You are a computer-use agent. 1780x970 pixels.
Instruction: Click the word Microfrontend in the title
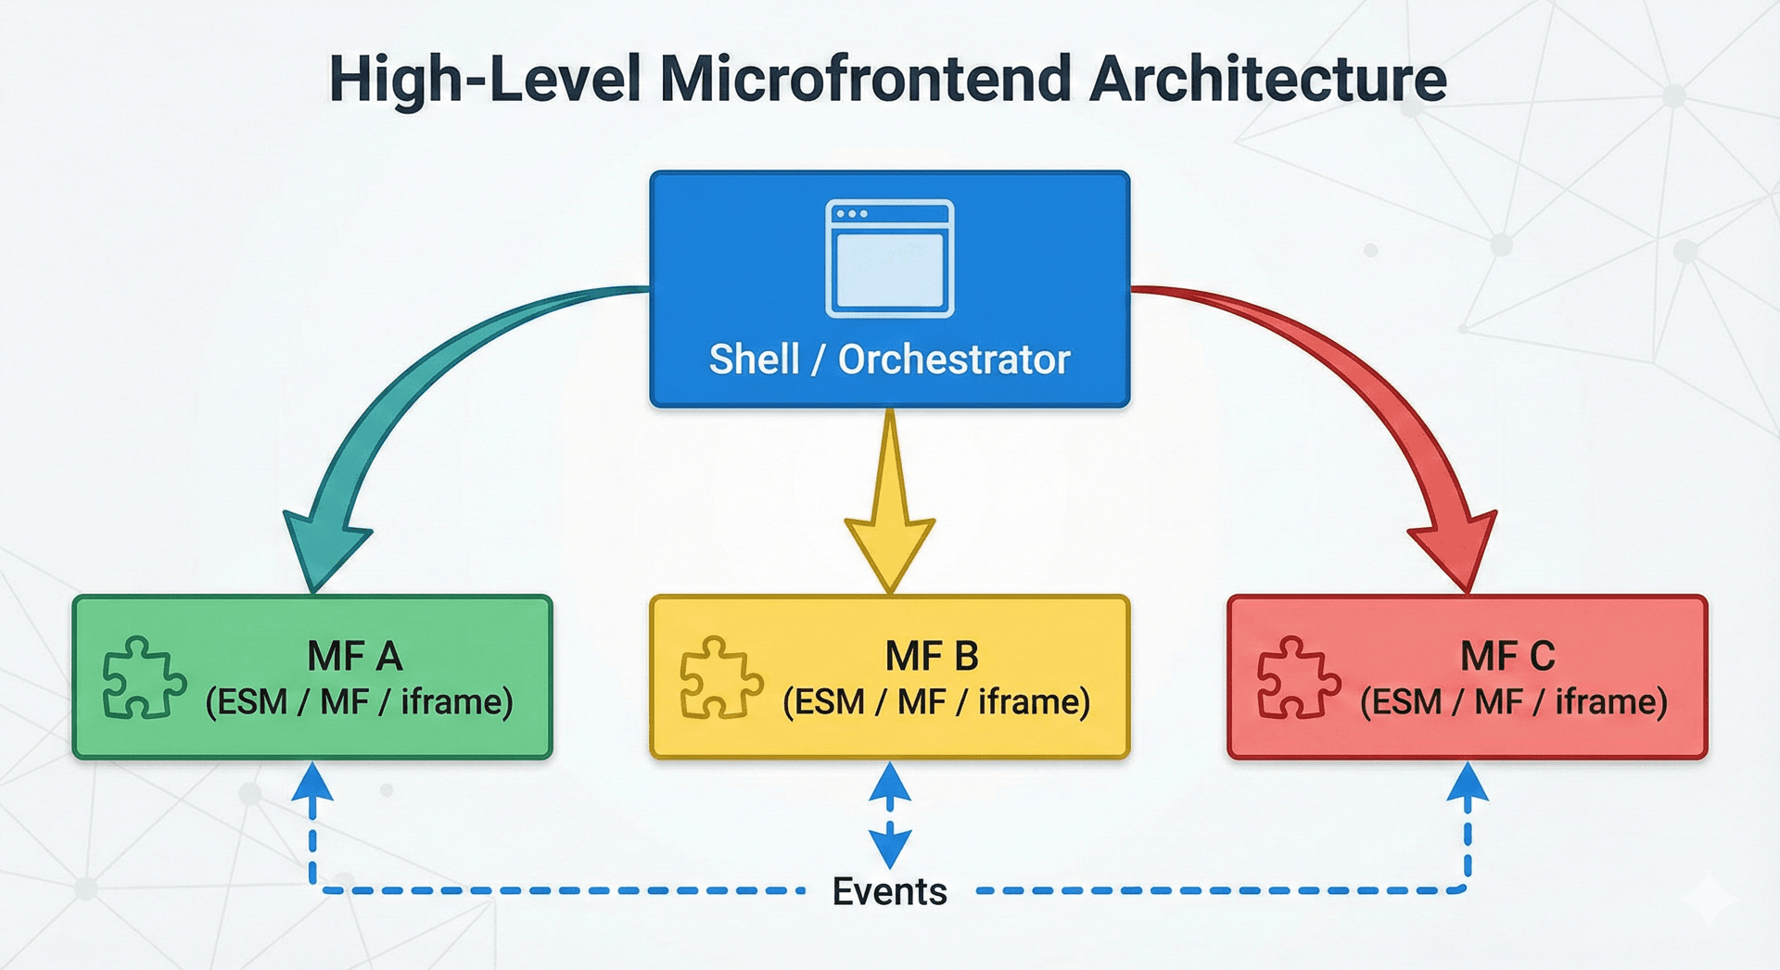pos(866,79)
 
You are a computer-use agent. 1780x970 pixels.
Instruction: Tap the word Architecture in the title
pos(1267,79)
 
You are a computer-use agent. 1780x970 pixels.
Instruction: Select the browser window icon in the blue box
pos(889,258)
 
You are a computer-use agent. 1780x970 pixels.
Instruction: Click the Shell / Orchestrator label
pos(889,359)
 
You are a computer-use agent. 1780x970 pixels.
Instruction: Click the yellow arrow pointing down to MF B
pos(889,519)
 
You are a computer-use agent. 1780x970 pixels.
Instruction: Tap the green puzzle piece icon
pos(143,677)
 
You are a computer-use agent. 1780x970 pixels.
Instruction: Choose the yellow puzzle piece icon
pos(720,677)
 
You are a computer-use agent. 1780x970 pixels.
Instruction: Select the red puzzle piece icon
pos(1298,677)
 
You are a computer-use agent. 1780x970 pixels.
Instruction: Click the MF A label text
pos(355,657)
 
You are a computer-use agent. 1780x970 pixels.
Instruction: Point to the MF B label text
pos(932,657)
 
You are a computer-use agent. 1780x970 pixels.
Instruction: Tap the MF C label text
pos(1507,657)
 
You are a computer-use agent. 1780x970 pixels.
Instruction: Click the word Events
pos(889,891)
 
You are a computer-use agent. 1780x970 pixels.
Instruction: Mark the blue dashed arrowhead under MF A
pos(312,783)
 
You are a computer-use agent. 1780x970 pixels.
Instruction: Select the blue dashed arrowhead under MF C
pos(1468,783)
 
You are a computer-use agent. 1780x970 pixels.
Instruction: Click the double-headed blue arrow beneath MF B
pos(889,815)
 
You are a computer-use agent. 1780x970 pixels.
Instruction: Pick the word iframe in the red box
pos(1611,702)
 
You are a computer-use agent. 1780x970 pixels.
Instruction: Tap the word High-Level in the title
pos(485,79)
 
